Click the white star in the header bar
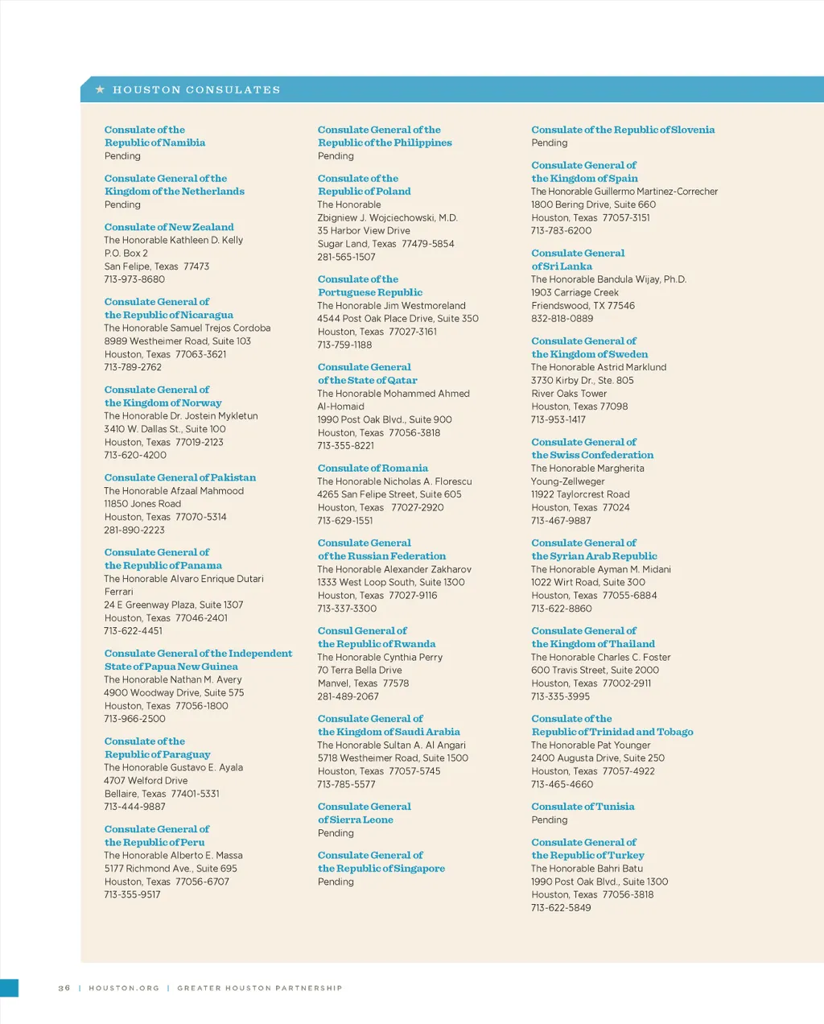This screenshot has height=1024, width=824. click(100, 89)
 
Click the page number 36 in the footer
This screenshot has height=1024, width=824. click(64, 988)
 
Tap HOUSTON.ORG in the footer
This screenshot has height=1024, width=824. click(124, 988)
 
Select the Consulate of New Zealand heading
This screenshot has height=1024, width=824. click(169, 227)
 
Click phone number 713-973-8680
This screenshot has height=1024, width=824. click(134, 279)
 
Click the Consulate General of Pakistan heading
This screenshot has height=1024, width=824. click(180, 477)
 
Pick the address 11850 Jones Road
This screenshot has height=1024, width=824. click(142, 504)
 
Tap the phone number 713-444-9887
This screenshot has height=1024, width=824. click(134, 807)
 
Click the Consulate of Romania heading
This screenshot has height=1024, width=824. click(373, 468)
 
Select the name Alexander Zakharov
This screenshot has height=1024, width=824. click(427, 569)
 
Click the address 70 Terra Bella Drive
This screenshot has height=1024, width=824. click(360, 670)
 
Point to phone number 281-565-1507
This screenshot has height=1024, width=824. click(346, 257)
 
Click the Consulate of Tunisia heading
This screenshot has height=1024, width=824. click(583, 807)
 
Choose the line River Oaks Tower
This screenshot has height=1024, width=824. click(569, 394)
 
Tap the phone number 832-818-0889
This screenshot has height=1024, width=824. click(562, 319)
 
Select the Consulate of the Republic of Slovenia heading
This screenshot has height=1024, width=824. click(623, 130)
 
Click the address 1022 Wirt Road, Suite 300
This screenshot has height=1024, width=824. click(588, 582)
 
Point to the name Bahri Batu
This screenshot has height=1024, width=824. click(620, 869)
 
